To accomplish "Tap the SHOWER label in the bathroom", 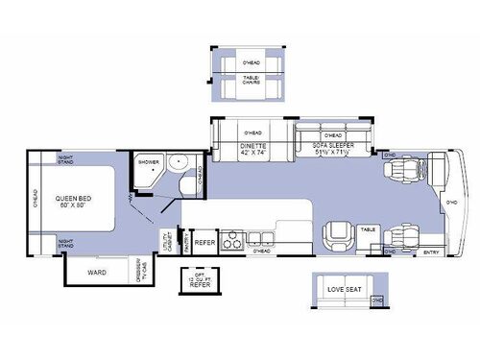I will point(148,162).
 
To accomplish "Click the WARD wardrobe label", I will point(97,272).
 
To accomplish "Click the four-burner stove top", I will point(233,241).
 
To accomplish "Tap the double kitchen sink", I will point(258,237).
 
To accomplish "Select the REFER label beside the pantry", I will point(204,243).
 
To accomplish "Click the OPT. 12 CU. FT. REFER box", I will point(200,279).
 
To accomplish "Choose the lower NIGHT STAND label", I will point(65,244).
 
